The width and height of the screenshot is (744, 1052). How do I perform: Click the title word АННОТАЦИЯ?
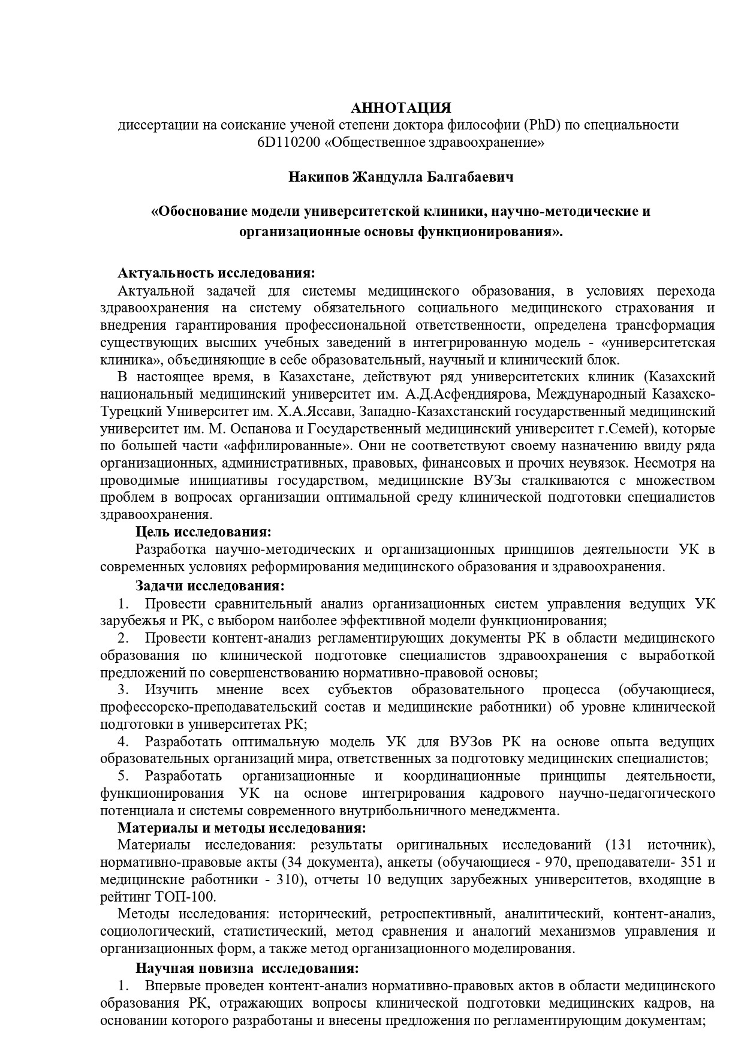[x=400, y=108]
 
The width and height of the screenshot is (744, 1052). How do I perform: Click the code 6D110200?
[x=285, y=143]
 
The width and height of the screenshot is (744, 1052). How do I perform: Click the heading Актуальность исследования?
[x=216, y=273]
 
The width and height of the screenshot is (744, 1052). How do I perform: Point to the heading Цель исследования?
[x=204, y=532]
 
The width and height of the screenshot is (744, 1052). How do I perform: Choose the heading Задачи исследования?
[x=210, y=585]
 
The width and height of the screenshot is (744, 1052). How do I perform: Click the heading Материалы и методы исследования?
[x=242, y=828]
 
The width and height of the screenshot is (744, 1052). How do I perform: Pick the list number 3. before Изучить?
[x=124, y=690]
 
